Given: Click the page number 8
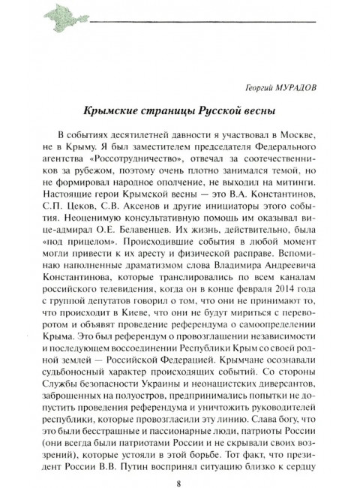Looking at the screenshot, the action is tap(179, 464).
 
